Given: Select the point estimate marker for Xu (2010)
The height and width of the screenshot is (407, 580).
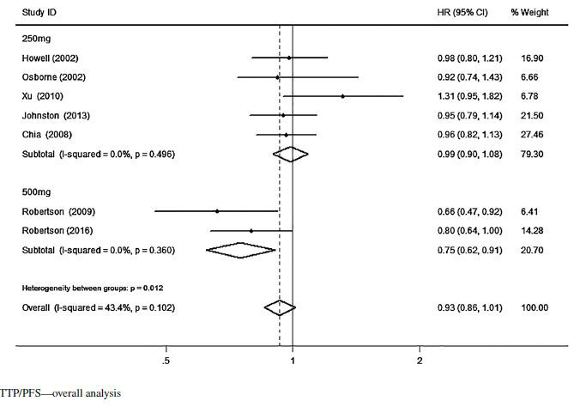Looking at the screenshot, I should [342, 96].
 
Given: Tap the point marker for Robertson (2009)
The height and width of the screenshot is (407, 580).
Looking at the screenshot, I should [217, 211].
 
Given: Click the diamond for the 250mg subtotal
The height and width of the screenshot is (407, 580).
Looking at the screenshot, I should [290, 155].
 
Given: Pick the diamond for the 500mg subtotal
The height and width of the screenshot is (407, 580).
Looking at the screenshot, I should [241, 250].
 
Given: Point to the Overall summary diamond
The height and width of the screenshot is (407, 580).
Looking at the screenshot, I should [280, 307].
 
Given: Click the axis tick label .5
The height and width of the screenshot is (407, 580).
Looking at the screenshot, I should [165, 361].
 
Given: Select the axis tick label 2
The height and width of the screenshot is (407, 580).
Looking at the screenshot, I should [420, 361].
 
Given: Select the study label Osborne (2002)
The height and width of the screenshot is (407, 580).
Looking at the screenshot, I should [49, 77].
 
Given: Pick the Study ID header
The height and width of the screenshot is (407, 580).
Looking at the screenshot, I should [38, 13].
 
